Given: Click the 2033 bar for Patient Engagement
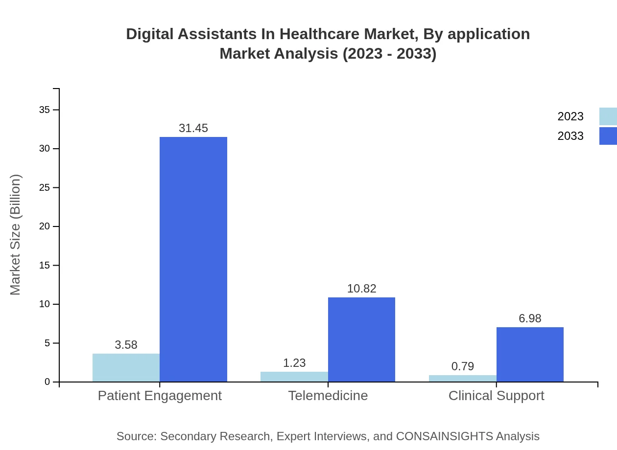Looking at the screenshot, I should coord(193,259).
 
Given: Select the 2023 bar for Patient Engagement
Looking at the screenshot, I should coord(126,367).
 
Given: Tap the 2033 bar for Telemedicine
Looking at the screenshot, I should coord(361,339).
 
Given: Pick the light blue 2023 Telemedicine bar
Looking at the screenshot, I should coord(294,377).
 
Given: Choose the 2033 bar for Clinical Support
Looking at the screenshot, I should coord(530,354).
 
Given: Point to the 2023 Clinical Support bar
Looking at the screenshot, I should coord(462,378).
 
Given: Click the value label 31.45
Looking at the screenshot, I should coord(193,128).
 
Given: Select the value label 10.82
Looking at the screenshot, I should coord(361,289).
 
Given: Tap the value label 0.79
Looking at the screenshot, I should coord(462,366).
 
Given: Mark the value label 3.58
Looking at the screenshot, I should coord(126,345).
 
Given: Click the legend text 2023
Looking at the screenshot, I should coord(570,116).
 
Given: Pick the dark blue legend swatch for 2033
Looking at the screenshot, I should coord(608,136).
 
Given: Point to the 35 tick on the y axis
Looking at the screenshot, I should coord(45,110).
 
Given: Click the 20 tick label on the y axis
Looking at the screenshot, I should coord(45,226).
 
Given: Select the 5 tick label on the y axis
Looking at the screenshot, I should coord(47,343).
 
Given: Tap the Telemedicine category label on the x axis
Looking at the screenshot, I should coord(328,395).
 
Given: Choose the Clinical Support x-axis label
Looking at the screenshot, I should coord(496,395).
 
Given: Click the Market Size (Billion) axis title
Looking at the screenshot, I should coord(15,235).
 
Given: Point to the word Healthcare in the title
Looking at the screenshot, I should coord(319,34).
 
